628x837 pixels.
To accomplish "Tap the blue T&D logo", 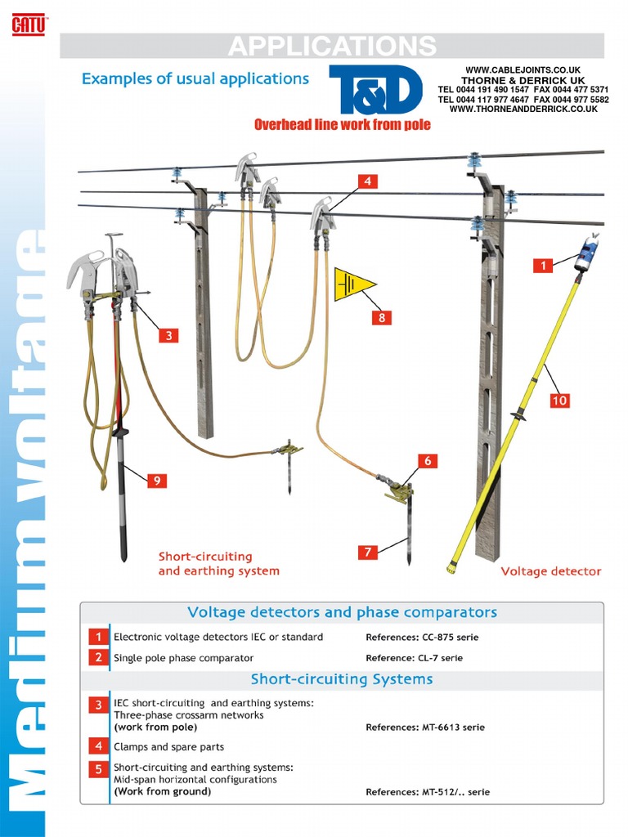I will pos(375,91).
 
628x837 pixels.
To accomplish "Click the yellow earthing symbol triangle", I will pos(353,284).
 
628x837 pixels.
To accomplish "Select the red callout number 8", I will pos(381,318).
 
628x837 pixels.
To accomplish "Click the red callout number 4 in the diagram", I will pos(368,181).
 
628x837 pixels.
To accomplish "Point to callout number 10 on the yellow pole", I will pos(559,401).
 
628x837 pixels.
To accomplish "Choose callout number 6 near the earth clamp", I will pos(426,461).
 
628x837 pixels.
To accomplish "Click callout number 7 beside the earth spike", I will pos(368,553).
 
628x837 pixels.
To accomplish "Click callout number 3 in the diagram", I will pos(168,335).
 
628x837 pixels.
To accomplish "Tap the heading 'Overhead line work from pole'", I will pos(342,125).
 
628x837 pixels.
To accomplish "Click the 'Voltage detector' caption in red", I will pos(550,571).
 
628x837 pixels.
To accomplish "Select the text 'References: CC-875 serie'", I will pos(422,637).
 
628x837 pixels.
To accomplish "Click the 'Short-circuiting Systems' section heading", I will pos(342,679).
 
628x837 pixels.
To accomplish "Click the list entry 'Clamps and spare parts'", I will pos(168,746).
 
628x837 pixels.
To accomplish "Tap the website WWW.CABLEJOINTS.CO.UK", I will pos(523,70).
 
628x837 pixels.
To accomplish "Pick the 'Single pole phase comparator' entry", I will pos(183,658).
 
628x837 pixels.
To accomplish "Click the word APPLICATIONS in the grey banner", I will pos(332,46).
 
